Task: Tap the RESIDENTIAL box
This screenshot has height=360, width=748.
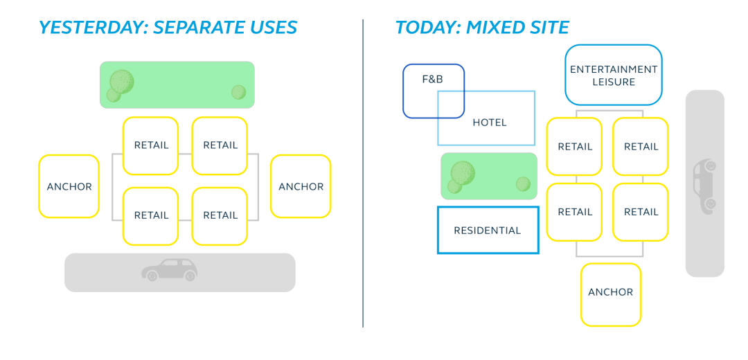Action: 488,231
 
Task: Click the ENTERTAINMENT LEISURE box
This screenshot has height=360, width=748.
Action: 613,75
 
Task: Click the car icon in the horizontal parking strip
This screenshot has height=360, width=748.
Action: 170,269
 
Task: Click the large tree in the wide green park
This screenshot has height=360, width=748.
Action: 121,82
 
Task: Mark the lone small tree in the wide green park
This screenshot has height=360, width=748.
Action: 238,92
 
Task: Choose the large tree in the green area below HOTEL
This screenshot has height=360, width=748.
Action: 463,172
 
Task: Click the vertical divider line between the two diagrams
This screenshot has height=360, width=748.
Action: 363,173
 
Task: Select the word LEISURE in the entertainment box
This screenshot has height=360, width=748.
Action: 613,82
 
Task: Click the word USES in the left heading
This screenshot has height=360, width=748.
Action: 269,28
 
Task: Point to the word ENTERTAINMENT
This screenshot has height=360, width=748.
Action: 613,69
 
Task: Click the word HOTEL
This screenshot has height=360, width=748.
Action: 489,123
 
